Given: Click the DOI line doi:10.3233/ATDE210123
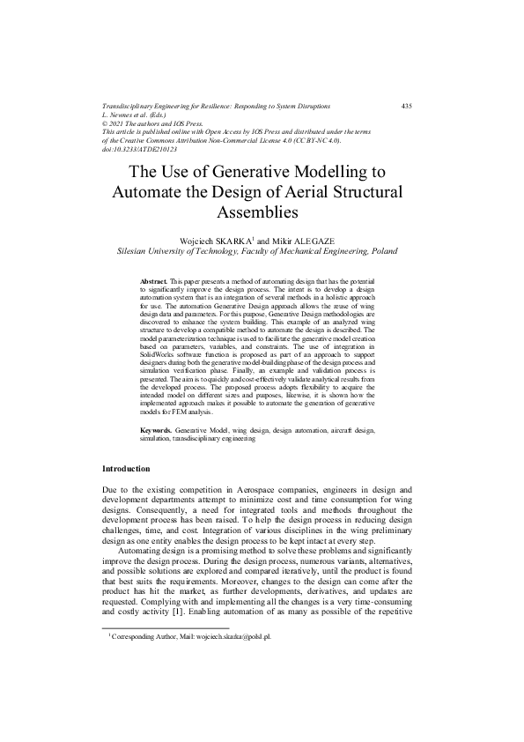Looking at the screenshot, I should pyautogui.click(x=141, y=149).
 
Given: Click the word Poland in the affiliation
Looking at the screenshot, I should pyautogui.click(x=380, y=251).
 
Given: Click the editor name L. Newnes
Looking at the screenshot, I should pyautogui.click(x=122, y=115).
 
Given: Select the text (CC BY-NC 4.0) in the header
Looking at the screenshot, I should pyautogui.click(x=321, y=140).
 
